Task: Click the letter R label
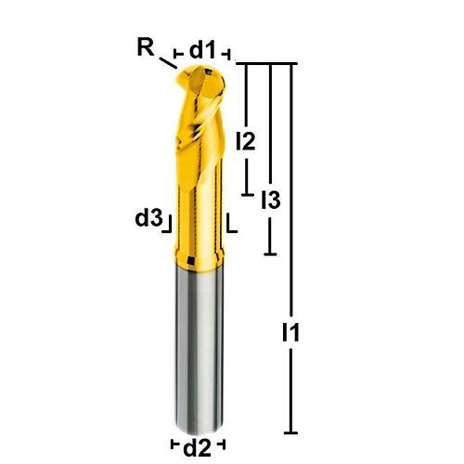point(146,47)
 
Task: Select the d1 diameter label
point(202,51)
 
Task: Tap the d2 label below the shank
point(197,447)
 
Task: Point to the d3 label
point(148,218)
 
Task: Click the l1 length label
point(291,332)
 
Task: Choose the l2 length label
point(246,141)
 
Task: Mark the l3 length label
point(270,199)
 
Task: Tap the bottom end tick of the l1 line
point(291,432)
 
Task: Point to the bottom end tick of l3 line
point(269,253)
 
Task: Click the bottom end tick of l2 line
point(247,194)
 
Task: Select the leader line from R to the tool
point(167,63)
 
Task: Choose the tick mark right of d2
point(222,444)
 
